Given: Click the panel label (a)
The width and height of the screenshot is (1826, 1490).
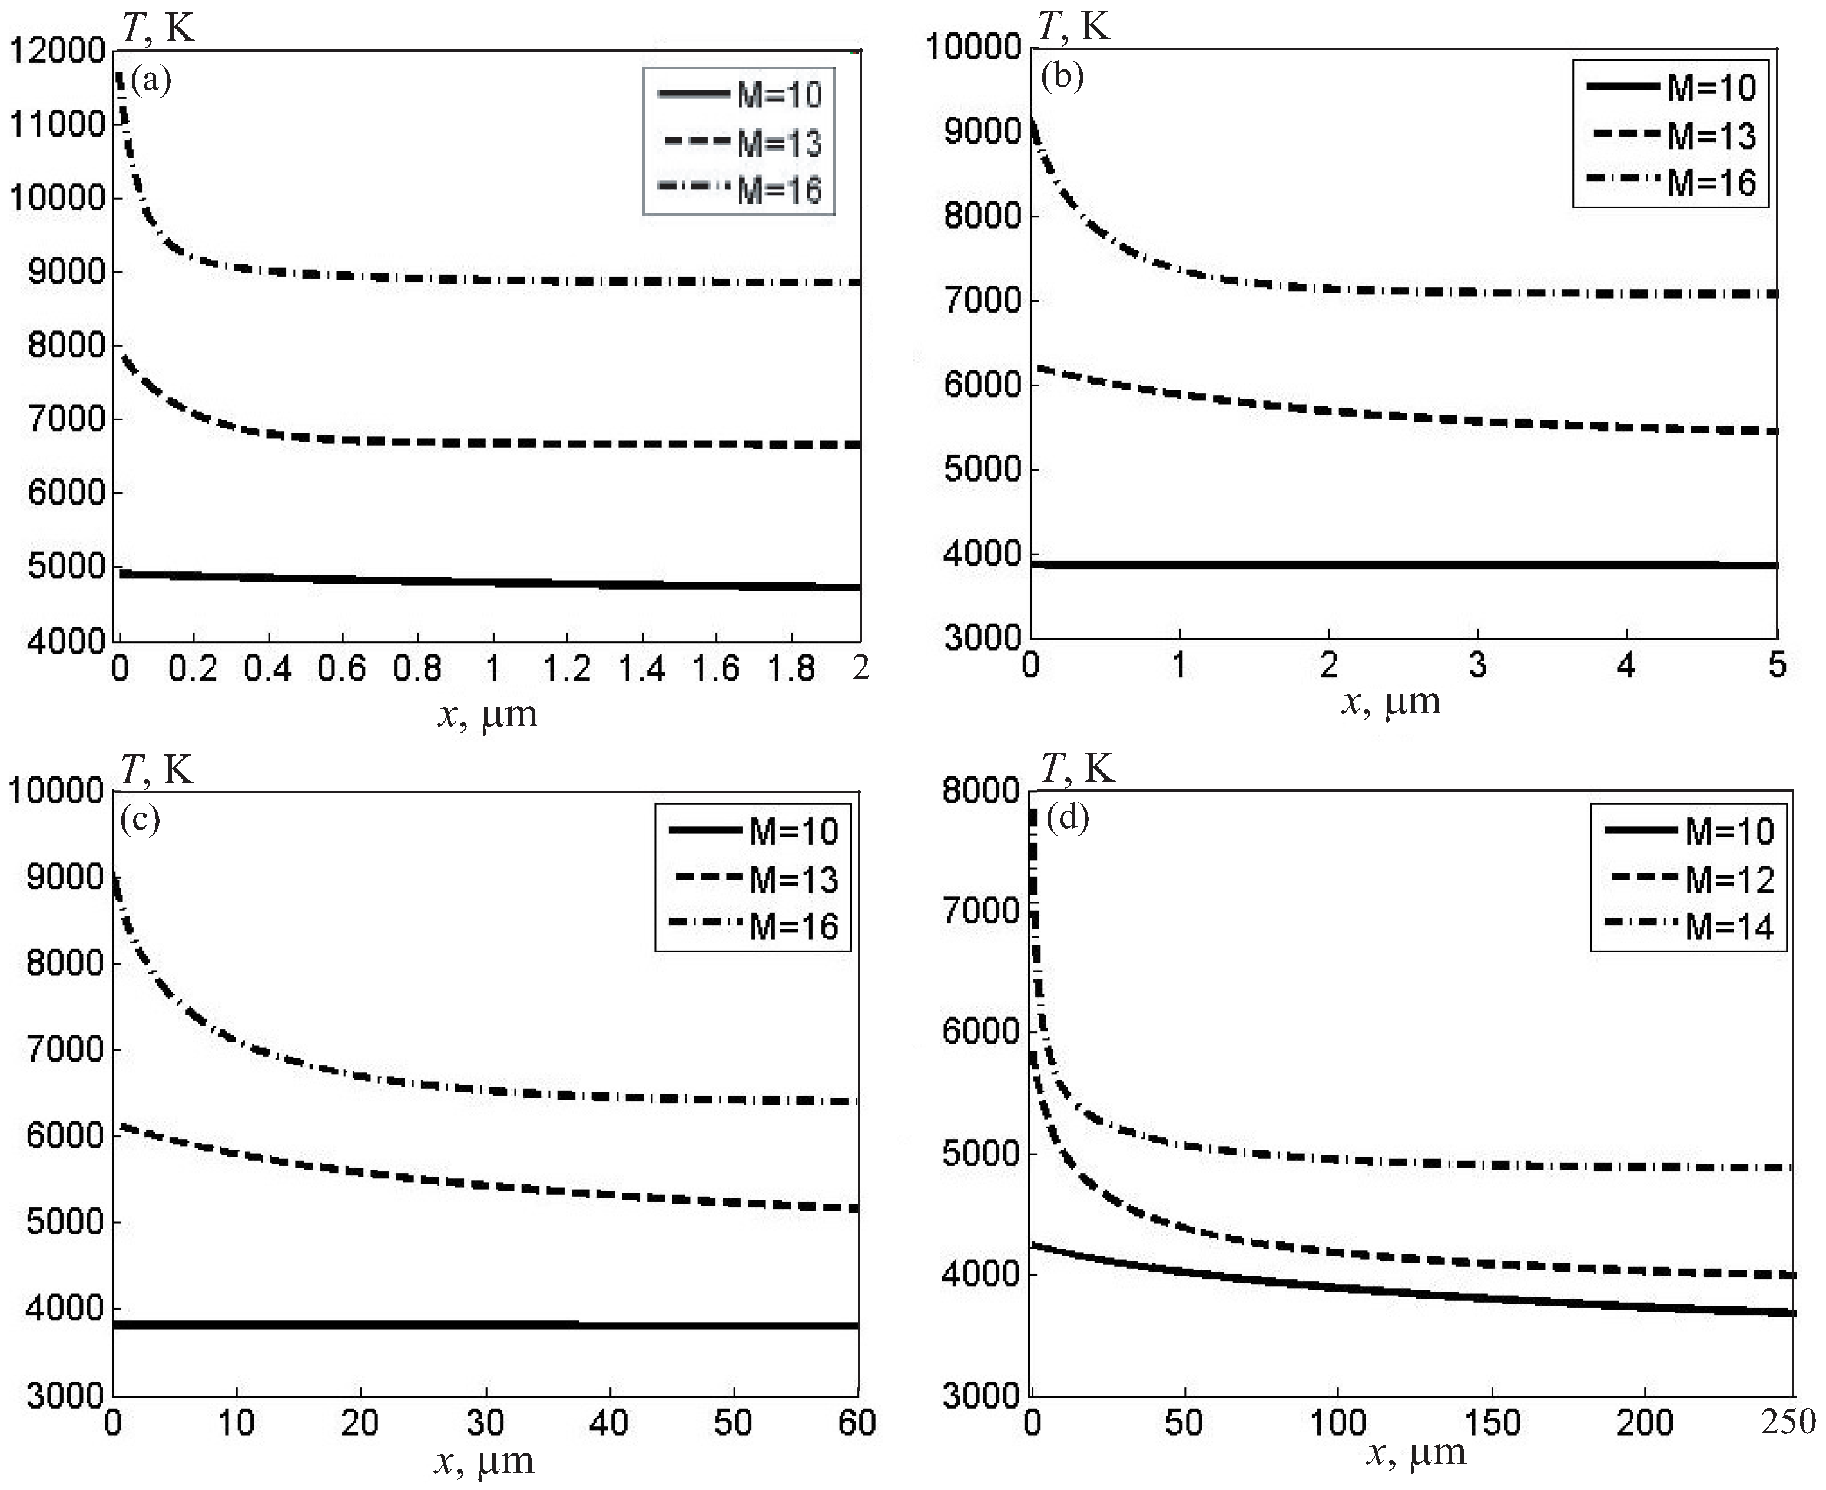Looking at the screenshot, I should click(151, 81).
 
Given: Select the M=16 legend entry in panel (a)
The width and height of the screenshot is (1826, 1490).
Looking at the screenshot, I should click(740, 189).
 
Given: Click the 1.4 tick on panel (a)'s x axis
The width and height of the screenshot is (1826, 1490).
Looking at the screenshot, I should click(641, 668).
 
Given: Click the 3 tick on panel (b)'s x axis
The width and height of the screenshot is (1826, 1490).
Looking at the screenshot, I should click(1477, 665).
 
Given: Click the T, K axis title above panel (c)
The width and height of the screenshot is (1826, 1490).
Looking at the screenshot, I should click(157, 770).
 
